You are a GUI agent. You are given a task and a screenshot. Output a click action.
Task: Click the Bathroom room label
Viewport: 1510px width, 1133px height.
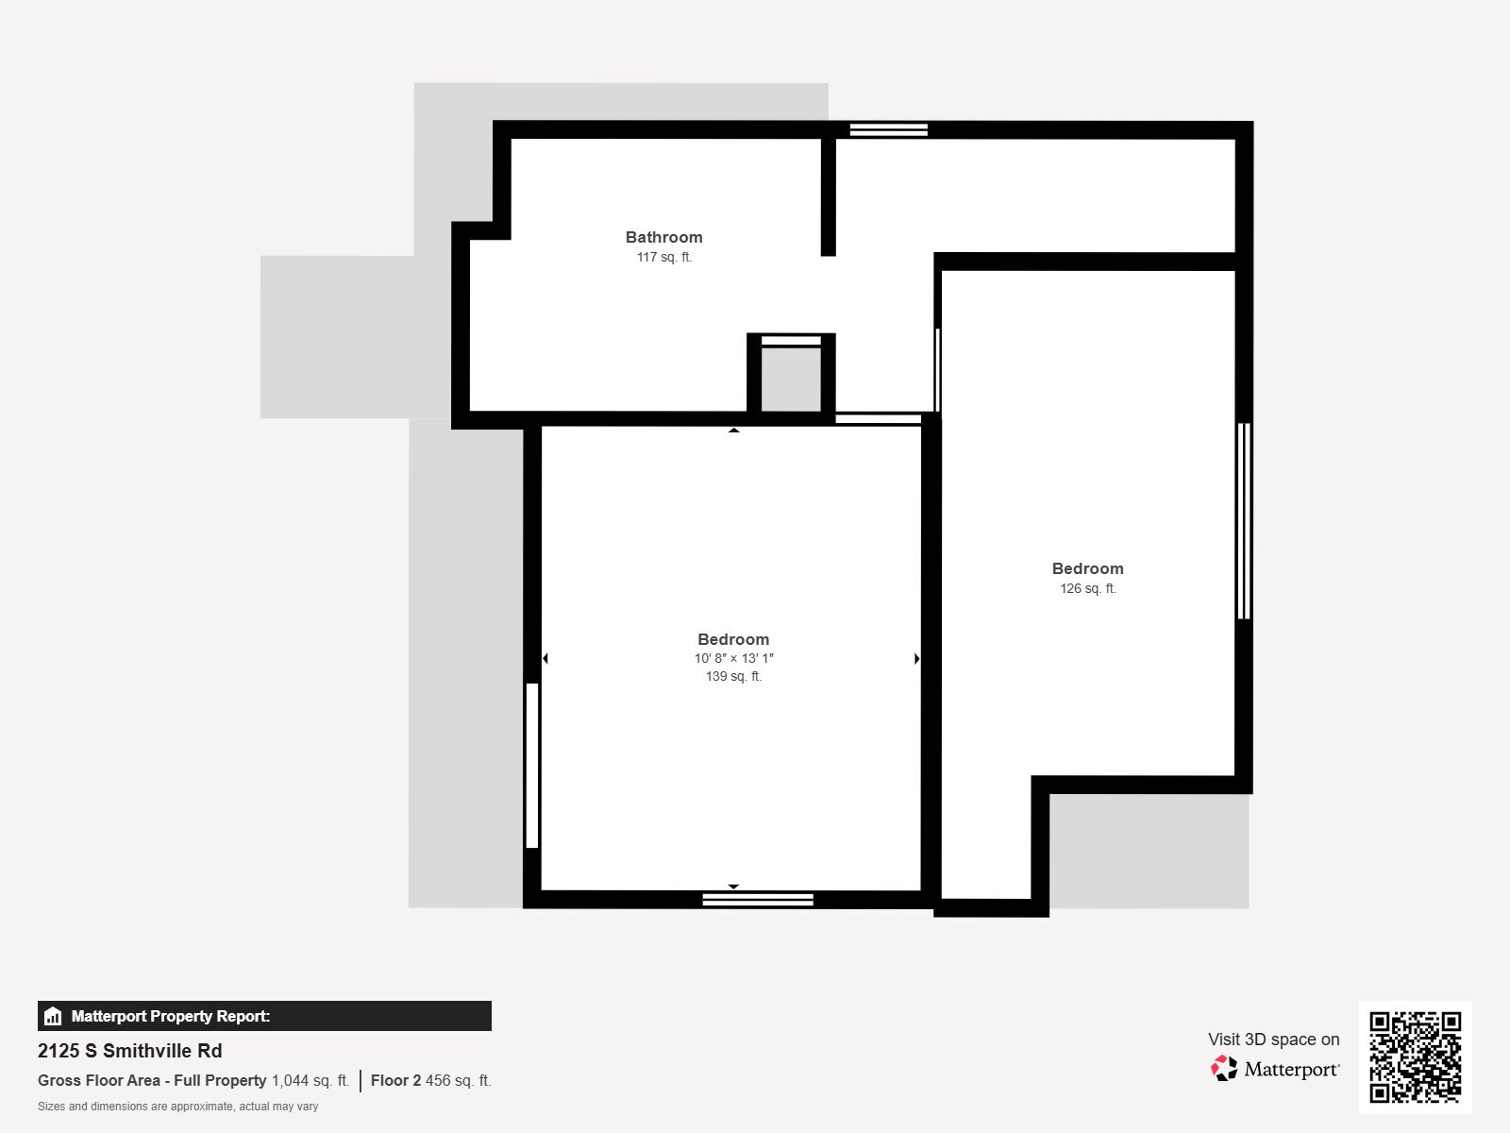point(663,237)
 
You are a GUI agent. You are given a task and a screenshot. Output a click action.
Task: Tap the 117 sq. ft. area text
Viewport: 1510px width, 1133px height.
point(663,257)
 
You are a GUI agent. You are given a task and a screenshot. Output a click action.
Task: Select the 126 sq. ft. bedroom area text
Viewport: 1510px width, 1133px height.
point(1087,588)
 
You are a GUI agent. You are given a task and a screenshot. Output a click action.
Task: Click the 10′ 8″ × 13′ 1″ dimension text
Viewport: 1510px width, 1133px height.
point(733,658)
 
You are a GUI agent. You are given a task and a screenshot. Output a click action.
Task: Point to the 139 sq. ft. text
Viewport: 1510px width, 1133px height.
point(733,676)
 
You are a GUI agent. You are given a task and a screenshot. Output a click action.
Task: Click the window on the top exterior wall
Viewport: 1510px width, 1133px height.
point(888,129)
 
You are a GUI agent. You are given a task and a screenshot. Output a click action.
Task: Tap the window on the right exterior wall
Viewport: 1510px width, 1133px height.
point(1244,520)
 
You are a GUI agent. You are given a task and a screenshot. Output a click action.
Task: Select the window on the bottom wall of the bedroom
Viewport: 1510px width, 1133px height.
point(758,900)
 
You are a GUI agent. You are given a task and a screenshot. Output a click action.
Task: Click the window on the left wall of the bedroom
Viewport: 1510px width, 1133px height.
point(532,765)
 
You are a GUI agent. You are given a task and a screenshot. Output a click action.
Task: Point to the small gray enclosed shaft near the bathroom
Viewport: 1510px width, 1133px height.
point(791,378)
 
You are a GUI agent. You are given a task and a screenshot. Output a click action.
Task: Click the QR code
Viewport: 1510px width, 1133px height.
point(1415,1057)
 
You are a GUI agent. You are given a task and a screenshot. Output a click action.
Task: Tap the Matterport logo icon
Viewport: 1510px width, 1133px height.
point(1224,1069)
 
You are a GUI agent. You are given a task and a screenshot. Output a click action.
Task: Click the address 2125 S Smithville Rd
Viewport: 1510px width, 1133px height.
point(130,1051)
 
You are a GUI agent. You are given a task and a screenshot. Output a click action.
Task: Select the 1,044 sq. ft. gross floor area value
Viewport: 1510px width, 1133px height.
point(310,1080)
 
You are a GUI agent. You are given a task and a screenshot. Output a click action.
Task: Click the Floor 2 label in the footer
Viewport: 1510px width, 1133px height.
point(395,1080)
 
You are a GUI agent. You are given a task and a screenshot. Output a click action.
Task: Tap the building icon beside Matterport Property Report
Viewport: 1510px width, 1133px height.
point(53,1017)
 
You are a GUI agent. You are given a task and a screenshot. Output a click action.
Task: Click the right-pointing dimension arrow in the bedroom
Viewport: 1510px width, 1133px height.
point(917,658)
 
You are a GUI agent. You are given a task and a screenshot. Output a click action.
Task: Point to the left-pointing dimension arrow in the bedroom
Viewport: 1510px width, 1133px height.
point(545,658)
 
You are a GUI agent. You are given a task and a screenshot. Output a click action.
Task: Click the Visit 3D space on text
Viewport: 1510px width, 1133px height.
point(1273,1039)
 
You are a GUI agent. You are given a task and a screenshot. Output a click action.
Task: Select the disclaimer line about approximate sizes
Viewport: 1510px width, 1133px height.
point(177,1107)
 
